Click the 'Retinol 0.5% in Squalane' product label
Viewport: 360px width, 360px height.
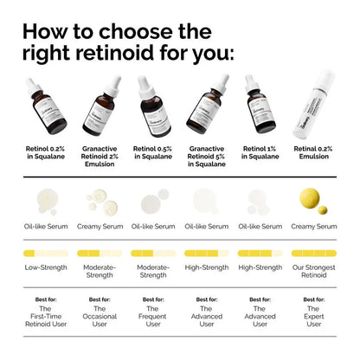coord(152,154)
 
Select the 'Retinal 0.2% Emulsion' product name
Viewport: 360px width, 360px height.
coord(313,154)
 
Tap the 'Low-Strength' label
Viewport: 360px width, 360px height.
coord(44,267)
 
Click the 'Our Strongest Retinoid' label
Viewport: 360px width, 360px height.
coord(313,272)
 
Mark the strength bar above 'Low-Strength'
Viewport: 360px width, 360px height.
coord(44,254)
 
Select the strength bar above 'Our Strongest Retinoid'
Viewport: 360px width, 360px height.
coord(313,254)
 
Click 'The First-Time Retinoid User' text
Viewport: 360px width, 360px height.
coord(44,316)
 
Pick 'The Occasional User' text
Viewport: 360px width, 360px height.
coord(99,316)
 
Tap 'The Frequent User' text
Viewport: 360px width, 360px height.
coord(152,316)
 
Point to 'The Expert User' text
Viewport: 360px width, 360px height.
coord(313,316)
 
